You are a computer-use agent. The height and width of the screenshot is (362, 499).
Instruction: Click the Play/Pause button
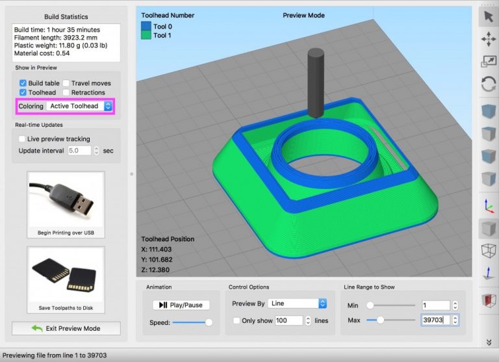(181, 305)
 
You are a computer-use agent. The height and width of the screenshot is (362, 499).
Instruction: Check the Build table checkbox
(23, 83)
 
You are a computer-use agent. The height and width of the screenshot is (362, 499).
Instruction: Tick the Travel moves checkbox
(66, 83)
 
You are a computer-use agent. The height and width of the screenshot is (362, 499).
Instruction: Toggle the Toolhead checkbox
(23, 93)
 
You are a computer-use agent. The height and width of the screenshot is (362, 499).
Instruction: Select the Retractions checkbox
(66, 93)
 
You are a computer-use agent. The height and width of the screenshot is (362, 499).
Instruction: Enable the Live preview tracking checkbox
(23, 139)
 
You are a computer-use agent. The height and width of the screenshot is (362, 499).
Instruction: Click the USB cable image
(66, 198)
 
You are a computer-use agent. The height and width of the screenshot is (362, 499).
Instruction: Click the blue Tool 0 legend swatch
(146, 27)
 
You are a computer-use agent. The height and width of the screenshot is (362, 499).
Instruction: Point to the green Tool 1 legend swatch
(146, 35)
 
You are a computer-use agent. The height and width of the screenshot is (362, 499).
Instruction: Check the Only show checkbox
(236, 320)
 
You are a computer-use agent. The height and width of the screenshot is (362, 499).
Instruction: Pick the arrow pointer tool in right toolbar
(487, 18)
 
